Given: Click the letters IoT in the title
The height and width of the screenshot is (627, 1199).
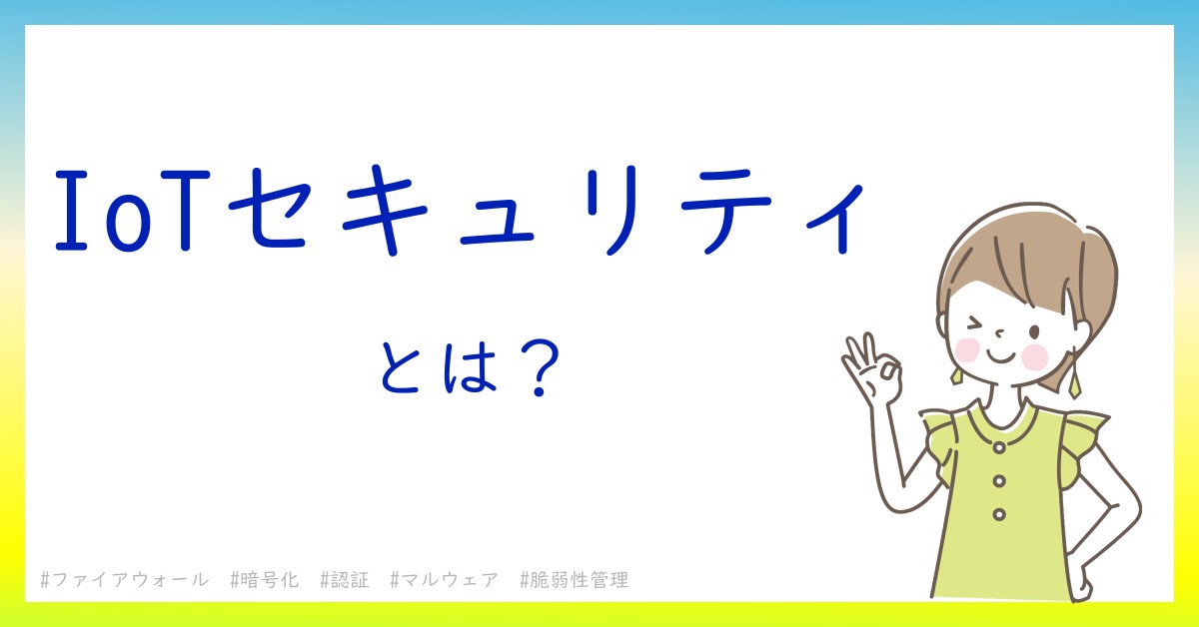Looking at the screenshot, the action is tap(132, 211).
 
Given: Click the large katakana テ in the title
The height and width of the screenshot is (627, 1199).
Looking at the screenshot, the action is tap(725, 211).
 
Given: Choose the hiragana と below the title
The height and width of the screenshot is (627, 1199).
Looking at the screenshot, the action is tap(401, 366).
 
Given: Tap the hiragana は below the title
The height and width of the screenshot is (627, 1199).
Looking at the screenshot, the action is tap(470, 366).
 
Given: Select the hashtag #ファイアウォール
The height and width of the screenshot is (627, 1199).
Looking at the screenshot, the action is tap(124, 580).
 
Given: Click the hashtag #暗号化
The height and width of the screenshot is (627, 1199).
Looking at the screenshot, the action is tap(264, 580).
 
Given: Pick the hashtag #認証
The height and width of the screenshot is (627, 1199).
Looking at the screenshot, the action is tap(345, 580).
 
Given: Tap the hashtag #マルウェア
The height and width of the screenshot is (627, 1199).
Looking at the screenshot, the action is tap(445, 580).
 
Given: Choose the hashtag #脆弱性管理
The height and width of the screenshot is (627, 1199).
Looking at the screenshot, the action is tap(575, 580).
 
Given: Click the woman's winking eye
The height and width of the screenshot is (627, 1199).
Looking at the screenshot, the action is tap(976, 324).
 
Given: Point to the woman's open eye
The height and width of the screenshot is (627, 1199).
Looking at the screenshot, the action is tap(1034, 331).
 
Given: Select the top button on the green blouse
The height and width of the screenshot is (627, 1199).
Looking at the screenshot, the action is tap(999, 446).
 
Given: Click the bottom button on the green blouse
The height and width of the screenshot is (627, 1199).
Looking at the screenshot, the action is tap(999, 514).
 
